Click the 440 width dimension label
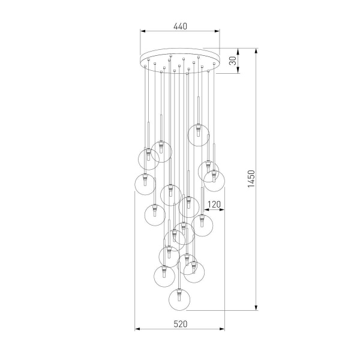point(180,26)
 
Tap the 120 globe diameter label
point(215,205)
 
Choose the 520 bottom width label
point(181,324)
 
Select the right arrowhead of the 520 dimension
point(224,329)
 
